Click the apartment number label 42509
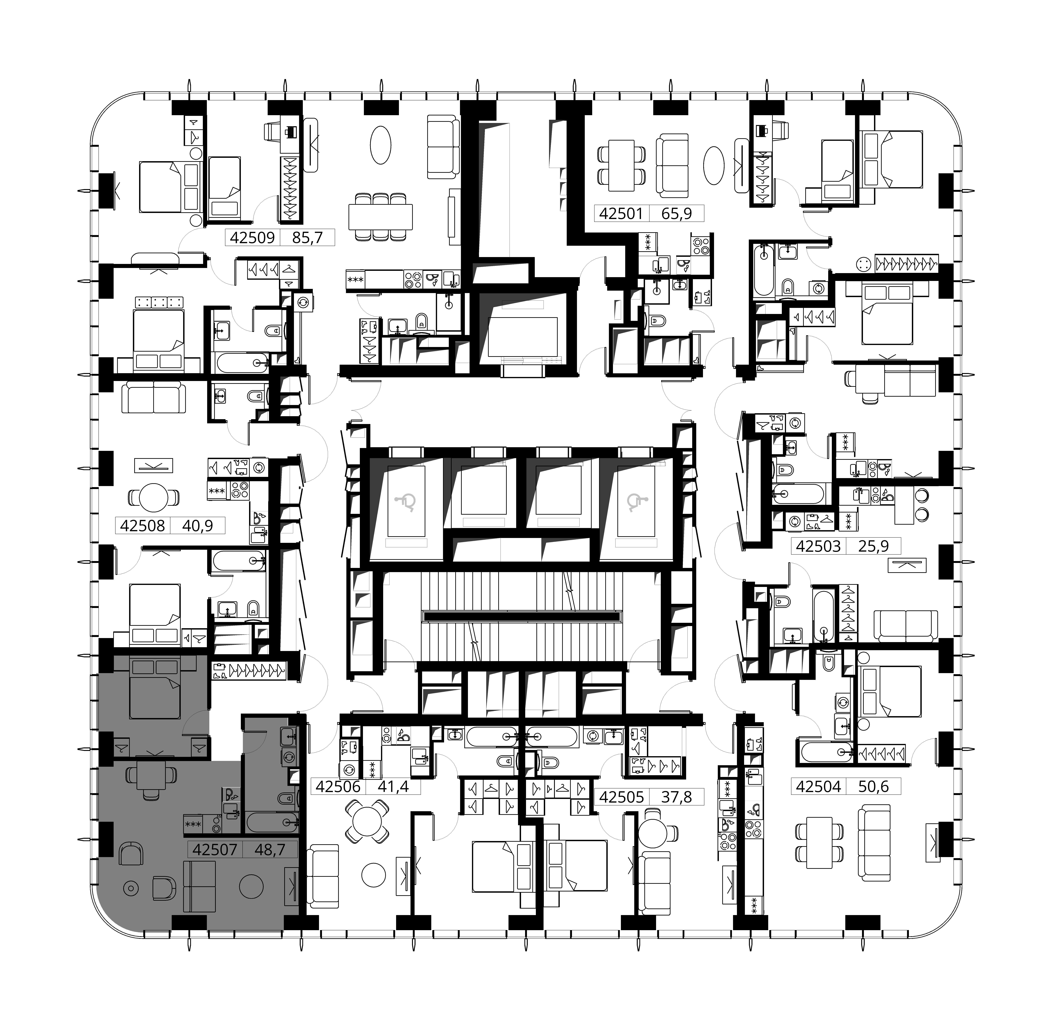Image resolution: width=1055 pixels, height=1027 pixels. (x=252, y=237)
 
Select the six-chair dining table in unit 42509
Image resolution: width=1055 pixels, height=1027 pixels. (x=381, y=217)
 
